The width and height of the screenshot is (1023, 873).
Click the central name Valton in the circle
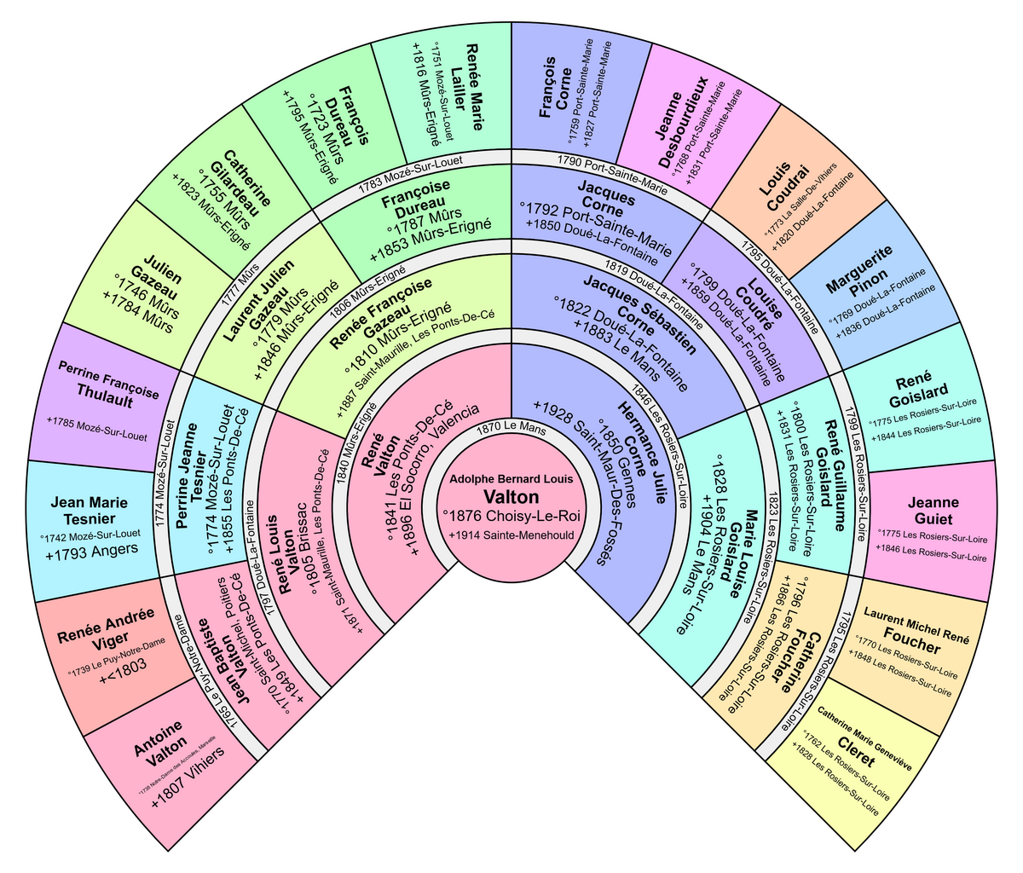click(511, 496)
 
